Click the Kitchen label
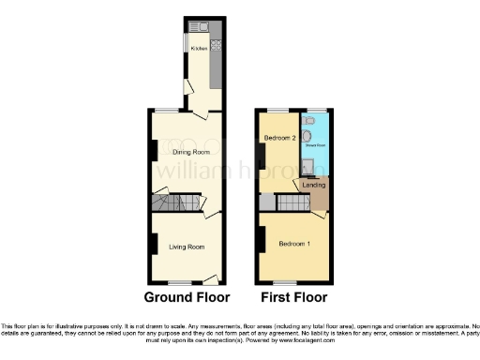199,48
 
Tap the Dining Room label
188,151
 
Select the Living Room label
187,247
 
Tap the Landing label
313,184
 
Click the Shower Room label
314,145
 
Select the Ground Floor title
187,298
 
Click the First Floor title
293,298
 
